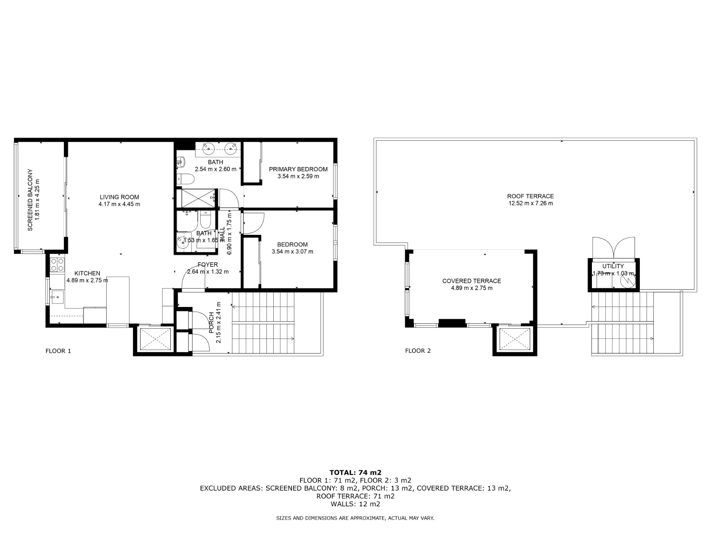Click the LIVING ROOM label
(119, 197)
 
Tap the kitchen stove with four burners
(57, 265)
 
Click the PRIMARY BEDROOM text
(298, 169)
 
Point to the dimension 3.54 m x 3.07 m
(292, 251)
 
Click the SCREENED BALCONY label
(30, 199)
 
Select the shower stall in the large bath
(196, 198)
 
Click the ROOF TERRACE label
(531, 196)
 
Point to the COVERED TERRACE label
(471, 281)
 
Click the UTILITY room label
(613, 266)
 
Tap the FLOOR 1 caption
(58, 351)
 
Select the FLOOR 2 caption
(418, 351)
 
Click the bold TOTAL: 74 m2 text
(355, 472)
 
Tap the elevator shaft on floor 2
(515, 340)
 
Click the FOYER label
(208, 265)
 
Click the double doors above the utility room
(614, 248)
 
